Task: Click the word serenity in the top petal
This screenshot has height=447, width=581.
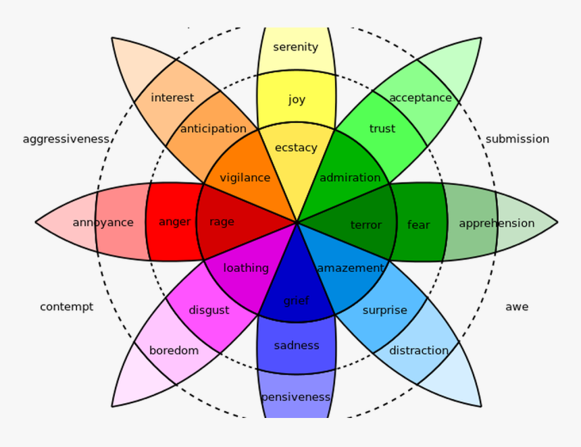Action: pyautogui.click(x=295, y=47)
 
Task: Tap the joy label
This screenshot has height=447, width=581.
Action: pyautogui.click(x=297, y=99)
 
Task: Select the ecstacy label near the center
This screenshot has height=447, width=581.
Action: pyautogui.click(x=296, y=147)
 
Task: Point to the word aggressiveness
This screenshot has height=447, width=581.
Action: pyautogui.click(x=66, y=139)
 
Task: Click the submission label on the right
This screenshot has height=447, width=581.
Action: pyautogui.click(x=517, y=139)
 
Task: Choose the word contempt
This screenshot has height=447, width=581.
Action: pyautogui.click(x=66, y=307)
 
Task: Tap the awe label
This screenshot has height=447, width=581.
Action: pyautogui.click(x=517, y=307)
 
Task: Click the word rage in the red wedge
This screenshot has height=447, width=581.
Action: pyautogui.click(x=222, y=222)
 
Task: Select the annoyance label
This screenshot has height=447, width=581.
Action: pyautogui.click(x=103, y=222)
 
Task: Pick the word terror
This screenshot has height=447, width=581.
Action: pyautogui.click(x=366, y=225)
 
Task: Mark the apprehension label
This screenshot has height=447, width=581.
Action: pyautogui.click(x=497, y=223)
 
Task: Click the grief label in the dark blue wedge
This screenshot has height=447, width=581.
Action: pyautogui.click(x=296, y=300)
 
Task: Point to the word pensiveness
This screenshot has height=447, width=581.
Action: pyautogui.click(x=296, y=396)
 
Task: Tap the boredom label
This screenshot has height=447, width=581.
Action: pyautogui.click(x=174, y=350)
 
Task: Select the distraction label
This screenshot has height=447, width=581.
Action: pyautogui.click(x=419, y=350)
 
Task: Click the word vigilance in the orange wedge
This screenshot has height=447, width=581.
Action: pyautogui.click(x=245, y=178)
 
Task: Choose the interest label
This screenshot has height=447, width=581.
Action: pyautogui.click(x=172, y=98)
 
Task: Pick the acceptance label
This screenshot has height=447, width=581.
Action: pyautogui.click(x=420, y=98)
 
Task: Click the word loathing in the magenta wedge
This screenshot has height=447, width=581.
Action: pyautogui.click(x=246, y=268)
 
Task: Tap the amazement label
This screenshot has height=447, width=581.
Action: pyautogui.click(x=350, y=268)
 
